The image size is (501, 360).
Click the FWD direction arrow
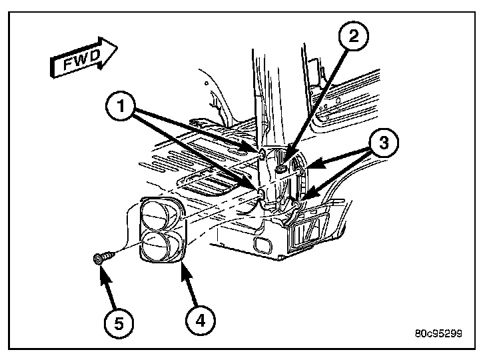click(x=84, y=61)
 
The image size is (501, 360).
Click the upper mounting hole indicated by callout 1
click(x=262, y=155)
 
